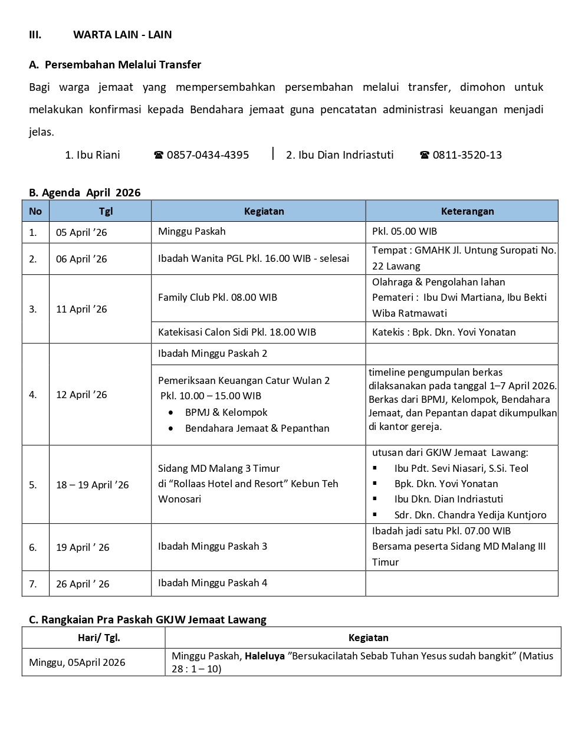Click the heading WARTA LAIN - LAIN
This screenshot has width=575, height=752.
(x=122, y=35)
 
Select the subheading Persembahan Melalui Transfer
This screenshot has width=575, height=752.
(x=123, y=65)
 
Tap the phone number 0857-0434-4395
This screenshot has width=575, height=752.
(x=208, y=155)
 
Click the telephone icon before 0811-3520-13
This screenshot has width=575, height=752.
(x=425, y=155)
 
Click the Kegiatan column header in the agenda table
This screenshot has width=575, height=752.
(x=264, y=211)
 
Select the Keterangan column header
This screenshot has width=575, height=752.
(x=467, y=211)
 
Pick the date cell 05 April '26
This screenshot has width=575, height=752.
(x=81, y=232)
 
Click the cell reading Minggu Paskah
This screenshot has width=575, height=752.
(x=192, y=231)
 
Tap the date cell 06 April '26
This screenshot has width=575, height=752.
(x=81, y=259)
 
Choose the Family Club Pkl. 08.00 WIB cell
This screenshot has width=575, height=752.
(x=218, y=297)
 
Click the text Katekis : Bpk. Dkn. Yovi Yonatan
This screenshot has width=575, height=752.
(x=443, y=332)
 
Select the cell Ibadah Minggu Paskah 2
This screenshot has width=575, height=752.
(x=212, y=353)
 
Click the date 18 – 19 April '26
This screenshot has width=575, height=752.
(x=92, y=485)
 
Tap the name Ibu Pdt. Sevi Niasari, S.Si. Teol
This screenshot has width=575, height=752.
(x=461, y=468)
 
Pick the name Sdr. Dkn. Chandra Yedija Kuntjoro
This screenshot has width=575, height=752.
(x=470, y=515)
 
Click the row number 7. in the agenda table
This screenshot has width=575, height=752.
(x=33, y=584)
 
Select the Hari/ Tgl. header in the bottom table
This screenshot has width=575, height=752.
(x=98, y=638)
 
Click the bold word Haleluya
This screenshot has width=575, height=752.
(x=264, y=656)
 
